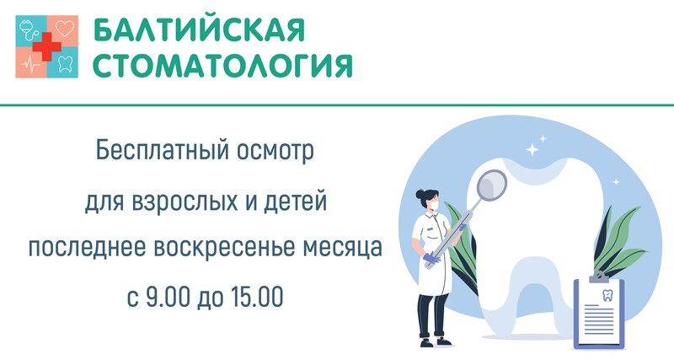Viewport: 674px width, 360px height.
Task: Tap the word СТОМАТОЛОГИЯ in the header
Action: (222, 66)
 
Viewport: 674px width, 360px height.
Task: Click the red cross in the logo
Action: (47, 46)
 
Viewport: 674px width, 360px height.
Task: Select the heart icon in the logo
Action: (65, 29)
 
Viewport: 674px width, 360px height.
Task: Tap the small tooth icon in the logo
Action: (65, 64)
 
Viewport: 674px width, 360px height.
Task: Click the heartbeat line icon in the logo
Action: (30, 65)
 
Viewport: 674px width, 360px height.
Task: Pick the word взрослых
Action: (185, 201)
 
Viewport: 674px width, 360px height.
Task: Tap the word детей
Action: (296, 201)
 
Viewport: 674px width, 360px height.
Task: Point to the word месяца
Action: (343, 248)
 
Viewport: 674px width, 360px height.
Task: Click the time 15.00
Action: (257, 296)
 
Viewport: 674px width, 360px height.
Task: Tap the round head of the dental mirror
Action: (492, 185)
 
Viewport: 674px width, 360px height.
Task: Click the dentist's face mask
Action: (434, 205)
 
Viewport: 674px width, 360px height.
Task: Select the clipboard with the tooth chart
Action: (598, 310)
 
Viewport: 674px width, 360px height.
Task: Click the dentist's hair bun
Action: (420, 194)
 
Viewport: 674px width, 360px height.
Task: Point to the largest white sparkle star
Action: (532, 149)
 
